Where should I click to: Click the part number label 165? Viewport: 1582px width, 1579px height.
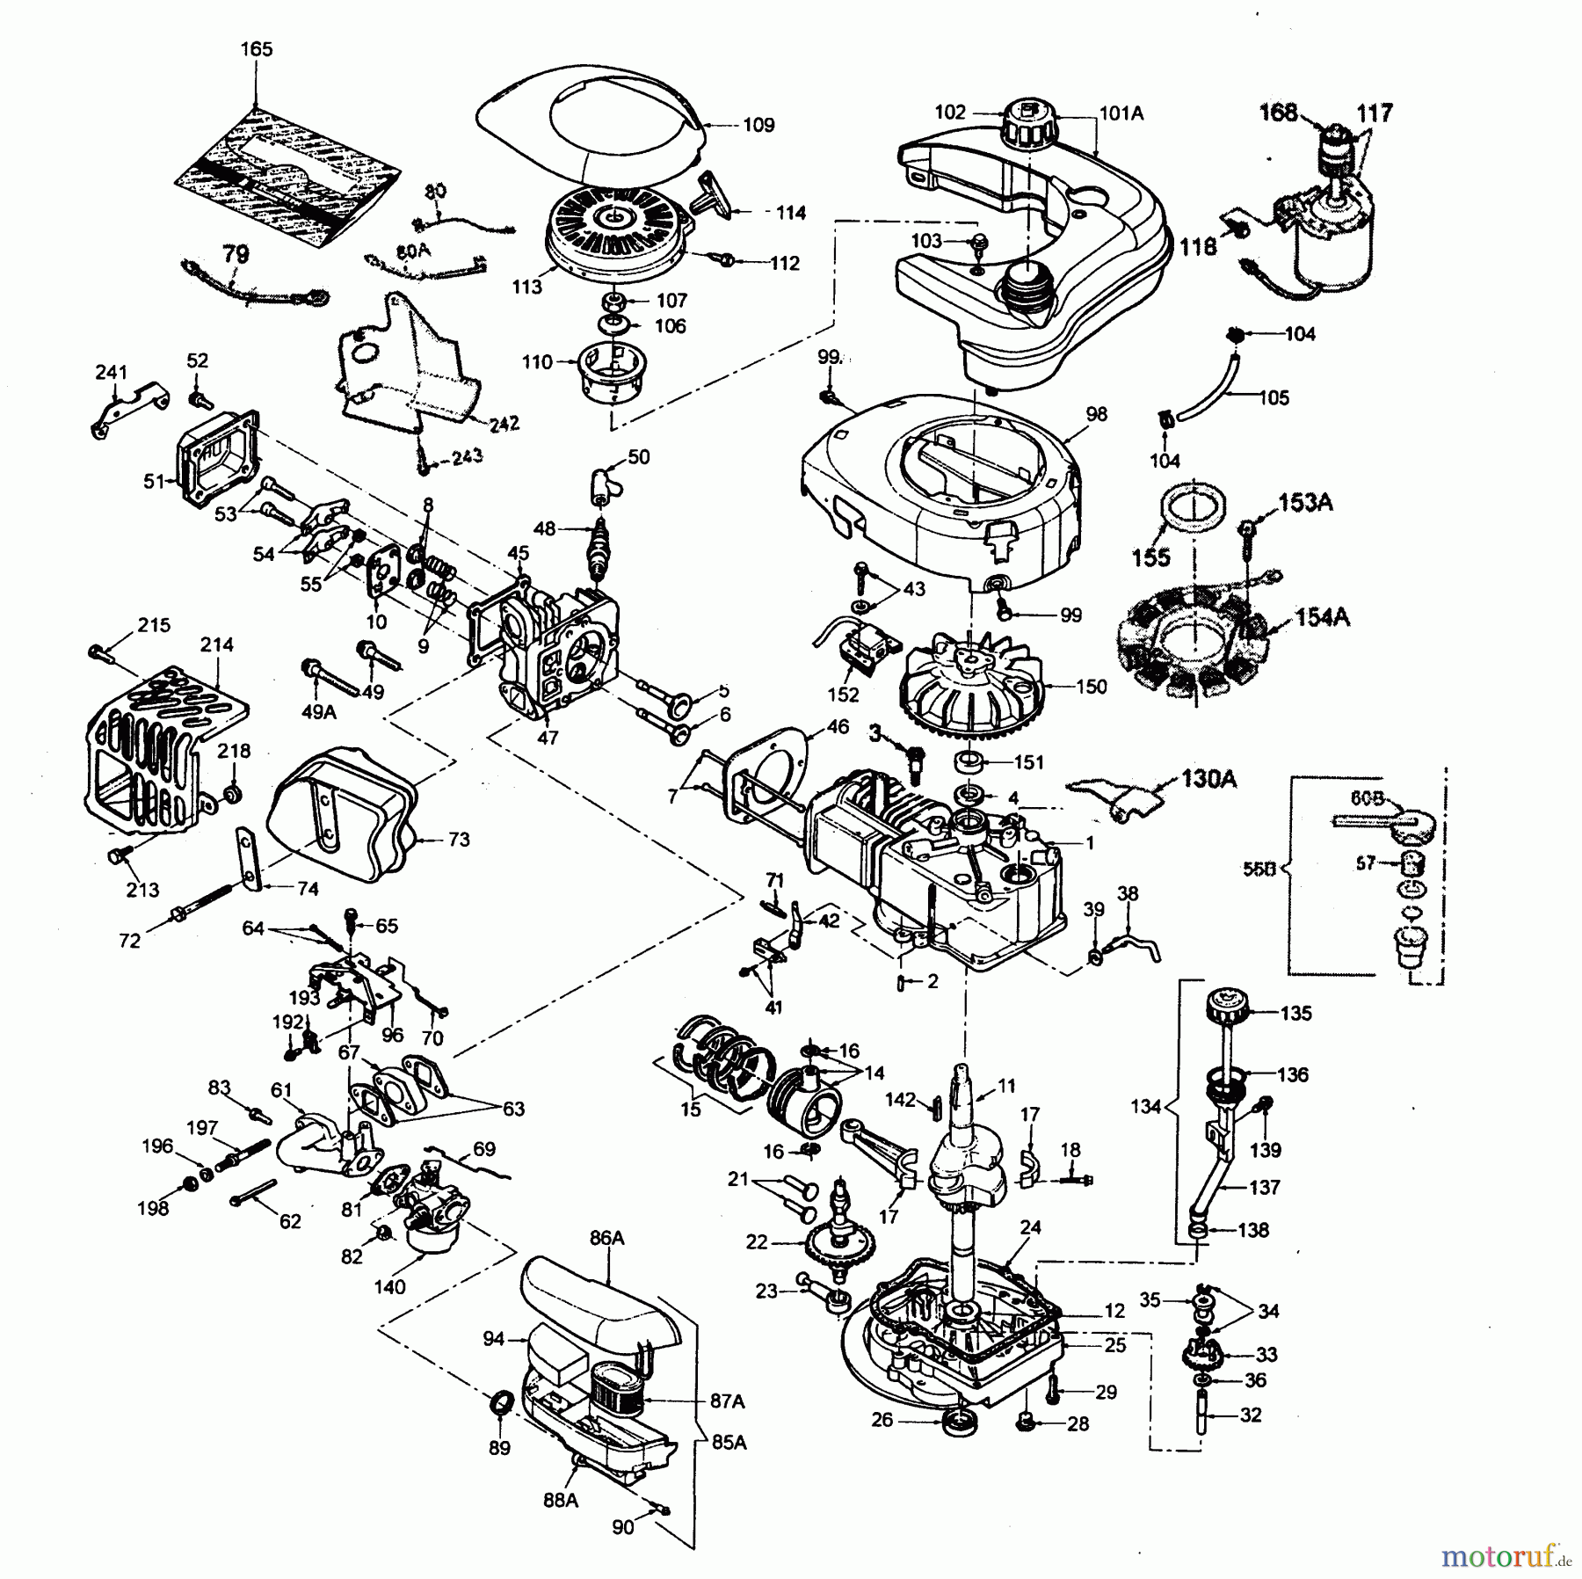tap(256, 50)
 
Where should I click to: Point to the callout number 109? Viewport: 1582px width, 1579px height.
tap(758, 125)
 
